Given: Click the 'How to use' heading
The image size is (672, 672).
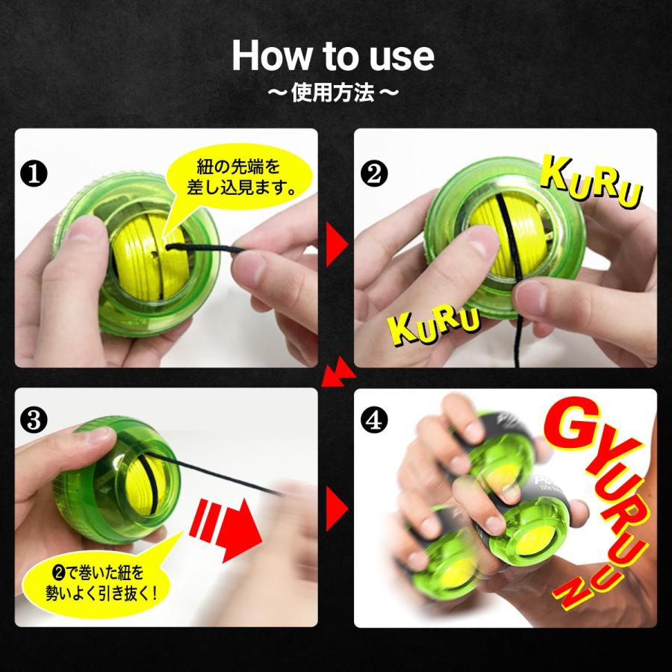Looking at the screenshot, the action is coord(333,56).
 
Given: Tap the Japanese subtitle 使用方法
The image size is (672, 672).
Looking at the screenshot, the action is coord(333,93).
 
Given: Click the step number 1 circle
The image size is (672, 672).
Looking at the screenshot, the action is coord(34,173).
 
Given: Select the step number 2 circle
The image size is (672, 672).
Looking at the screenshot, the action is coord(374,173).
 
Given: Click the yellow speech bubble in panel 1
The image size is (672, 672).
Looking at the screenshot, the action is coord(238,180).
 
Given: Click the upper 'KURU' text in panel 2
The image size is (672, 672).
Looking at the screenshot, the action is coord(591,181).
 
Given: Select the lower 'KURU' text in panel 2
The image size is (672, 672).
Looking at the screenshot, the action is coord(433,325).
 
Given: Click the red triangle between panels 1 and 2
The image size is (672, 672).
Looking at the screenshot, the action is coord(337,244).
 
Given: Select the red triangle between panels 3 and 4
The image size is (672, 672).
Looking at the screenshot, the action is coord(337,508).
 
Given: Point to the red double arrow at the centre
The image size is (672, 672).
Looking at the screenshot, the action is coord(338,372).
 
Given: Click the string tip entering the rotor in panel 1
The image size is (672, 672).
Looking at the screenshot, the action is coord(168,246).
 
